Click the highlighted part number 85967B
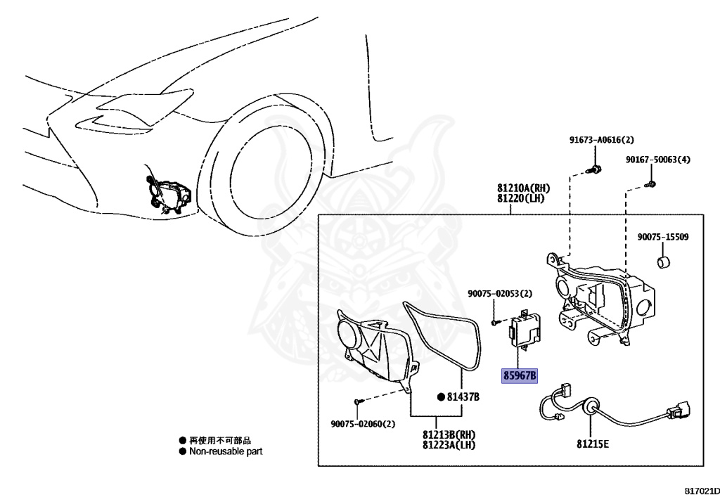[520, 376]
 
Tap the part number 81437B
[464, 397]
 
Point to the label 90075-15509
[663, 237]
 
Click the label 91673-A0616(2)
[601, 140]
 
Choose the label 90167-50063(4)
[658, 160]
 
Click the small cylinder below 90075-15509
[662, 264]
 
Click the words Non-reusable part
[225, 451]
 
